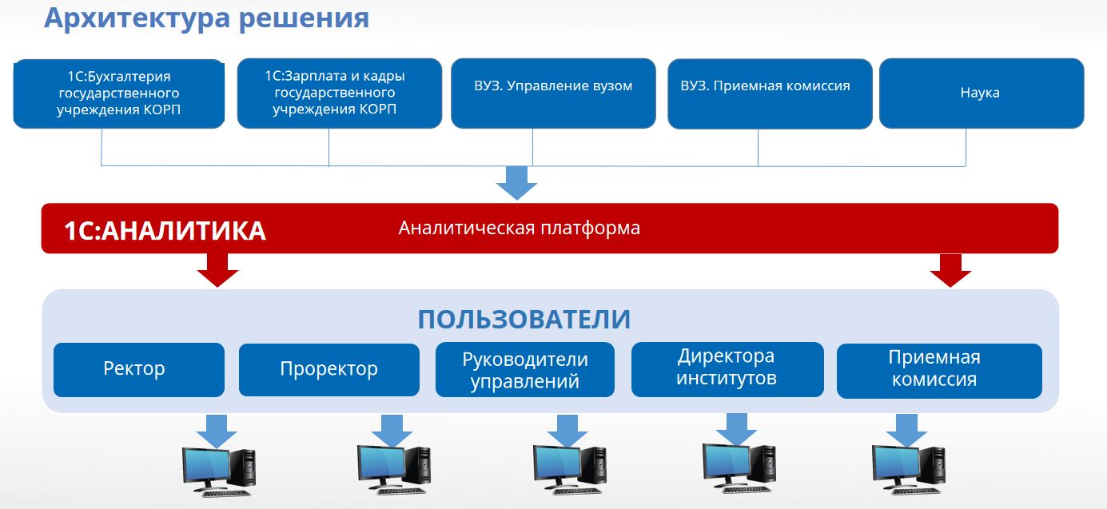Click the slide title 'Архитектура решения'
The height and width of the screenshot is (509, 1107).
(x=206, y=18)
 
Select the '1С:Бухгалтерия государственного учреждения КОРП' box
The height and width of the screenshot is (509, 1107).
(x=119, y=93)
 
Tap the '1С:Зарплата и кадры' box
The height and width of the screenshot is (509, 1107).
(x=339, y=93)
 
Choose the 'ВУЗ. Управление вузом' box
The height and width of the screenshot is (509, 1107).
(x=553, y=93)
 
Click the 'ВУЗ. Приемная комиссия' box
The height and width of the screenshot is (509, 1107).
(x=769, y=93)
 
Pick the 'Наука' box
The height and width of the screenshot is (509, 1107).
(x=981, y=93)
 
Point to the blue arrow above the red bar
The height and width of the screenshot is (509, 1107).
(x=517, y=183)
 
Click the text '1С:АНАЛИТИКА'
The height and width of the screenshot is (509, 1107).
(x=165, y=231)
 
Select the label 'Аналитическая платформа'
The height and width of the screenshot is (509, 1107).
(x=520, y=229)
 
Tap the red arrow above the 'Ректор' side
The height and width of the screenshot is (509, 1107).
(x=217, y=270)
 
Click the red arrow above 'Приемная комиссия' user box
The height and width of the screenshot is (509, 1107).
(x=950, y=270)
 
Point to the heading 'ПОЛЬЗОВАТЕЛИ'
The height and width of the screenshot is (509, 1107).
(x=524, y=320)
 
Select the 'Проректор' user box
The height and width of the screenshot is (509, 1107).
(x=329, y=369)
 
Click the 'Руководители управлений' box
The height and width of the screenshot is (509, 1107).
(x=524, y=370)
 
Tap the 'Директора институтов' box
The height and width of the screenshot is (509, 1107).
(x=727, y=368)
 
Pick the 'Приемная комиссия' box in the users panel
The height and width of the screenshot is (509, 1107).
(x=938, y=369)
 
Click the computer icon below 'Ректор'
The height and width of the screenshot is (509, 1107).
(x=218, y=471)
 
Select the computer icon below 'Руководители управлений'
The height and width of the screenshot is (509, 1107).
(x=570, y=471)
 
